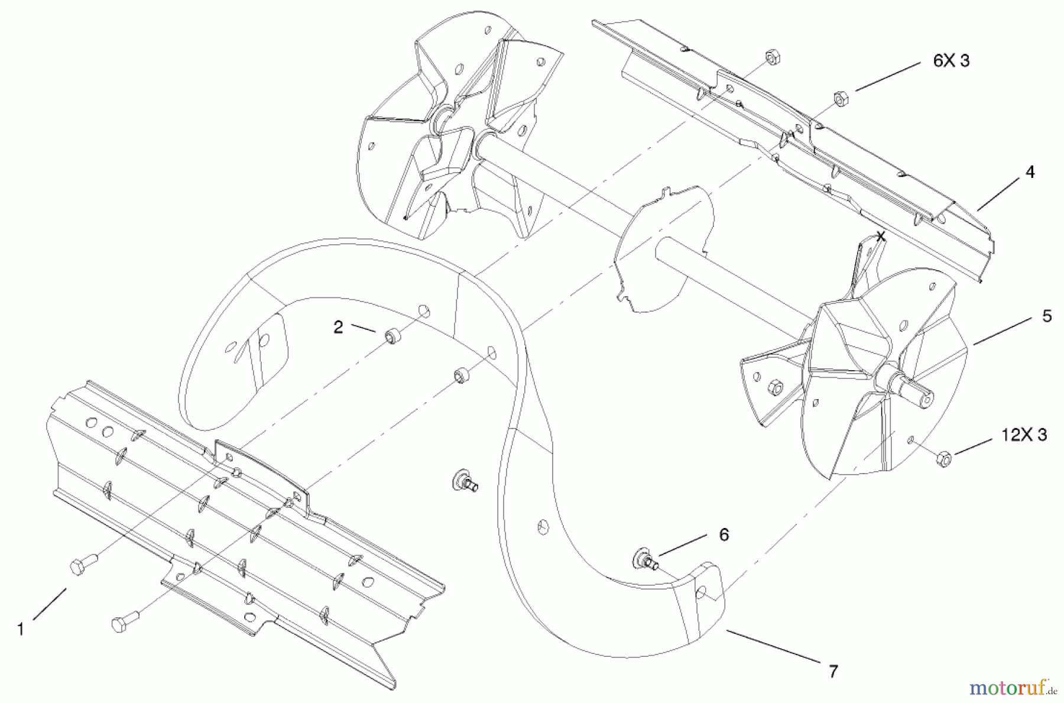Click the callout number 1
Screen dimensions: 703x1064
pyautogui.click(x=21, y=629)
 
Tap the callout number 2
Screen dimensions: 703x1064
pyautogui.click(x=338, y=327)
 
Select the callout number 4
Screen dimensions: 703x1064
pyautogui.click(x=1030, y=172)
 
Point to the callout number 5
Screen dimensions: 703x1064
pyautogui.click(x=1047, y=316)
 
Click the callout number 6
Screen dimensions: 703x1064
pyautogui.click(x=724, y=534)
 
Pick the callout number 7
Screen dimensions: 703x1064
pyautogui.click(x=833, y=672)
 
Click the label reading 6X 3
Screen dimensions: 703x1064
pyautogui.click(x=951, y=61)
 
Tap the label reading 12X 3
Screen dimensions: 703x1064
pyautogui.click(x=1024, y=435)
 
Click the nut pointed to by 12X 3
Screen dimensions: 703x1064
pyautogui.click(x=944, y=459)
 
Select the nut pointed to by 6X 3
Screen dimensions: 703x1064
pyautogui.click(x=841, y=98)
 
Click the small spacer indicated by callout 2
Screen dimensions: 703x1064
pyautogui.click(x=391, y=337)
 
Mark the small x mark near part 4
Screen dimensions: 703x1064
pyautogui.click(x=881, y=237)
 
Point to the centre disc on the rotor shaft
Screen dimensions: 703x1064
pyautogui.click(x=662, y=248)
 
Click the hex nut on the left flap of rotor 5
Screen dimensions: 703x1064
pyautogui.click(x=775, y=388)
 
